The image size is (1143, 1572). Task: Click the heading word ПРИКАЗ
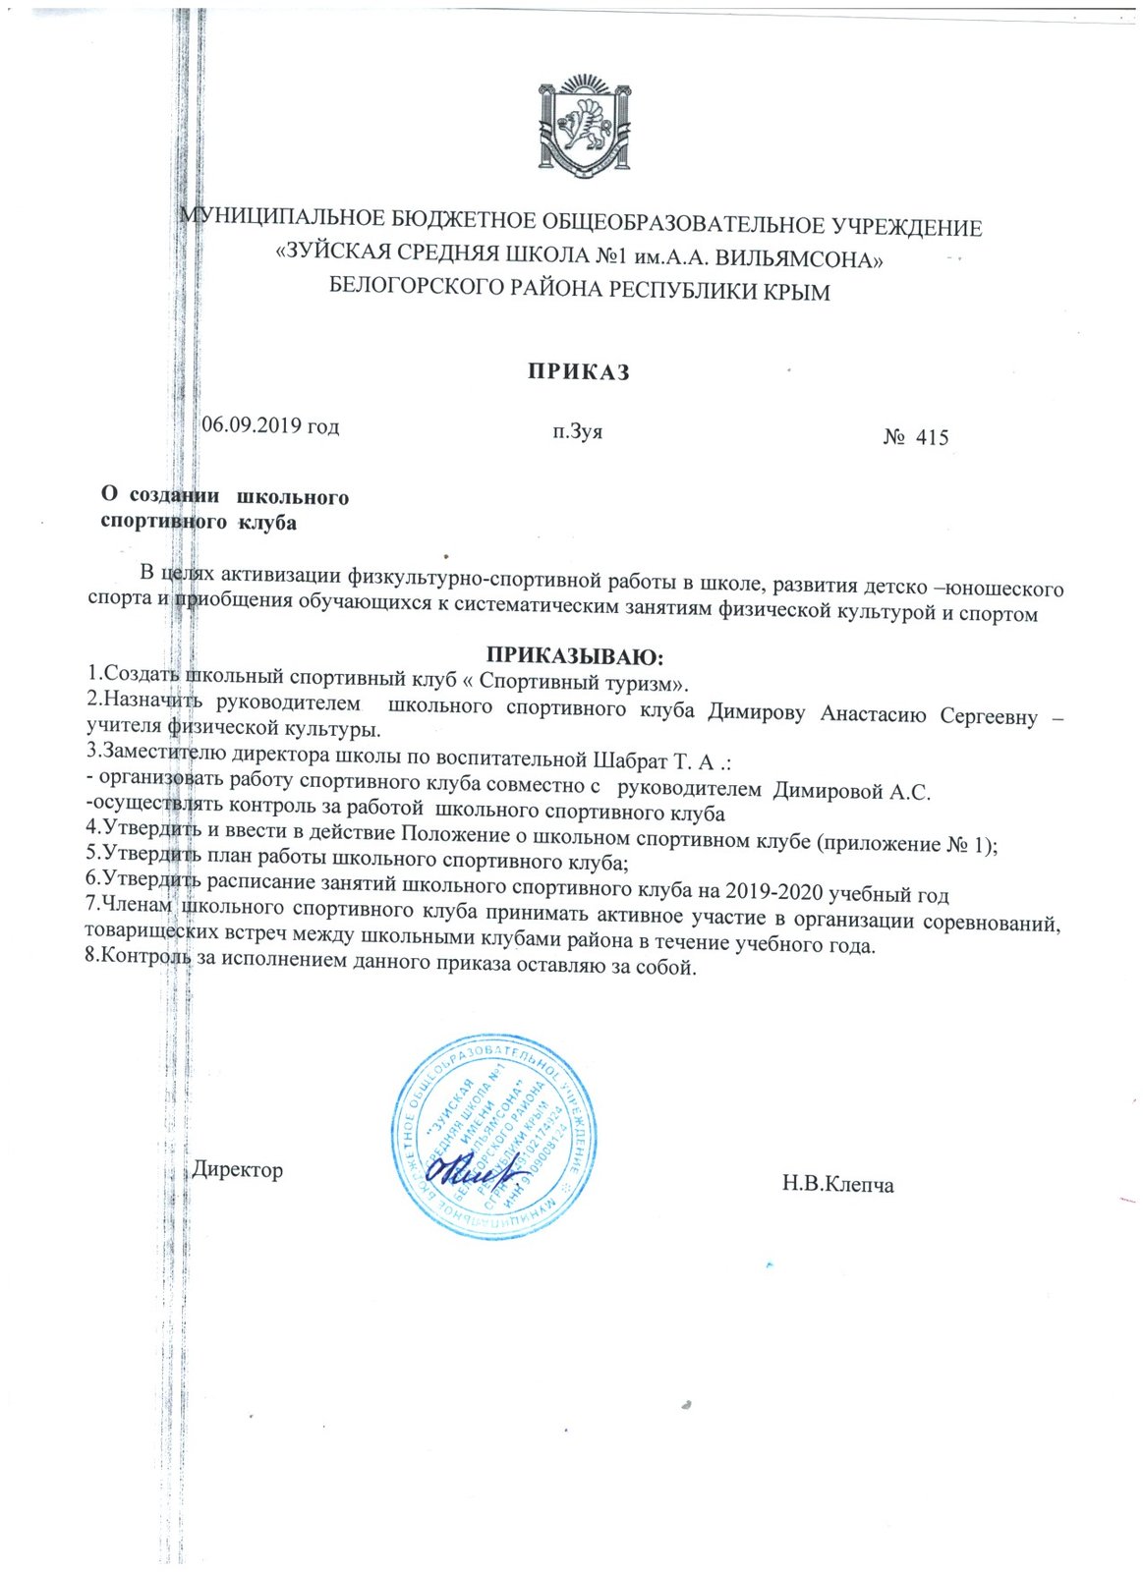pyautogui.click(x=578, y=372)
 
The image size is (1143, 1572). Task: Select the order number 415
pyautogui.click(x=932, y=438)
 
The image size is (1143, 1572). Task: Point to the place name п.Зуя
pyautogui.click(x=578, y=430)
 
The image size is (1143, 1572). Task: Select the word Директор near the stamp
pyautogui.click(x=238, y=1170)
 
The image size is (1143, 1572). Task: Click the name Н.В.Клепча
pyautogui.click(x=838, y=1184)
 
